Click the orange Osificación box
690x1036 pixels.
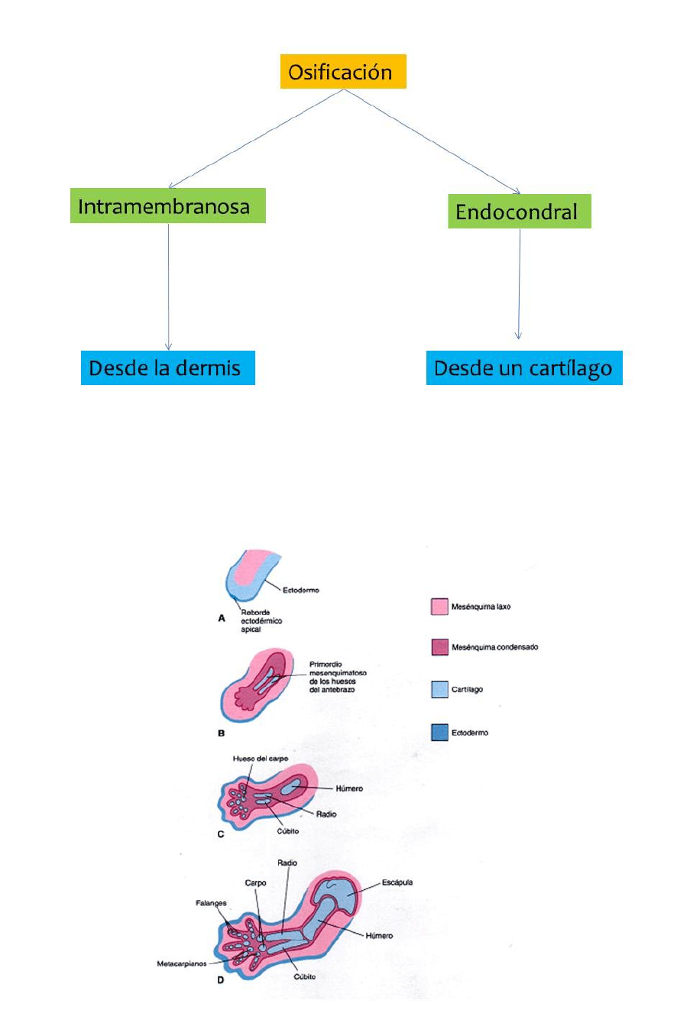(x=342, y=72)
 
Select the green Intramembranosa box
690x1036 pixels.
(x=167, y=206)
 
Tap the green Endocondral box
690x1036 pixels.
(x=519, y=212)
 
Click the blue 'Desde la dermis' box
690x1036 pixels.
(x=167, y=368)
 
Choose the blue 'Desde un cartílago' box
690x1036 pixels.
(x=523, y=368)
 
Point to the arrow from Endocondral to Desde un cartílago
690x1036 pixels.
(x=520, y=283)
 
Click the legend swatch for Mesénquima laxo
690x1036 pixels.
(x=439, y=607)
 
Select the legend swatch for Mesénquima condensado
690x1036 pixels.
(x=439, y=647)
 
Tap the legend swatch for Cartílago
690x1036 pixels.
(x=439, y=689)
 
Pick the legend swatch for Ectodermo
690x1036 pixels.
(x=439, y=733)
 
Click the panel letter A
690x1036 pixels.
(x=222, y=618)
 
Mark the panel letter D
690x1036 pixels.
(x=221, y=980)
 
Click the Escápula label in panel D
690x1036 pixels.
(x=397, y=882)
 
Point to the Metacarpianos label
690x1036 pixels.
(x=181, y=964)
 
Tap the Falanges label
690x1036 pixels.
(x=211, y=903)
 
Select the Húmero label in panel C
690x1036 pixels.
(x=349, y=788)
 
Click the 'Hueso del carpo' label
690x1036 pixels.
(x=261, y=759)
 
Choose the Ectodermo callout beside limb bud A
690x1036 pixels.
(x=301, y=591)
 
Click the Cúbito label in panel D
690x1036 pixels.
(x=304, y=976)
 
